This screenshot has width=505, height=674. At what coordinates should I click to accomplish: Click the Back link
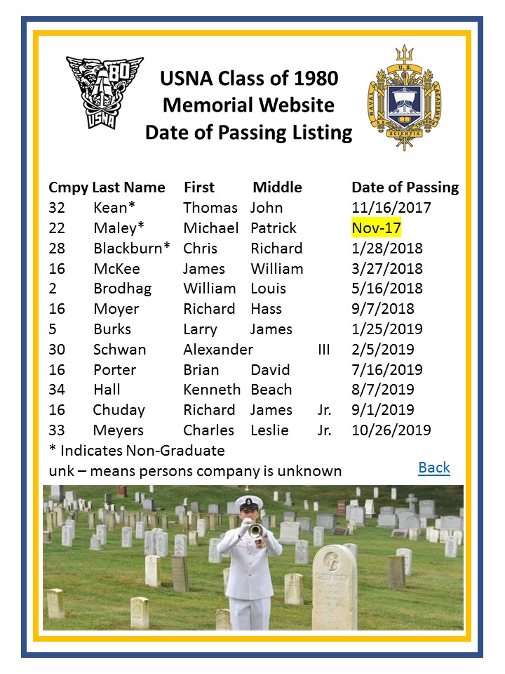[x=433, y=468]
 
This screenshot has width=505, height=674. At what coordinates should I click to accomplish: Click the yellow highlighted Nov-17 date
[x=376, y=228]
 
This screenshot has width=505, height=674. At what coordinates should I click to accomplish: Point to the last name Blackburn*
[x=132, y=249]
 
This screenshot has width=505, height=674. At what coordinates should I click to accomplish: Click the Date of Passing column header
[x=405, y=187]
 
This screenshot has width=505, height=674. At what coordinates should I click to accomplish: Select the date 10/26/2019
[x=391, y=430]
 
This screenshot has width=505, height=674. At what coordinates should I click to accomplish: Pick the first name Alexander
[x=217, y=350]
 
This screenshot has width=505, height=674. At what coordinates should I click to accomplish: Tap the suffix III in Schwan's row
[x=323, y=350]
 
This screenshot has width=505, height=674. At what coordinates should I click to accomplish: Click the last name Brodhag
[x=122, y=289]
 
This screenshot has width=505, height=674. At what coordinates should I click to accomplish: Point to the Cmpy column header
[x=68, y=187]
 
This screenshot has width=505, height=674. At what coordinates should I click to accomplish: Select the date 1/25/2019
[x=382, y=329]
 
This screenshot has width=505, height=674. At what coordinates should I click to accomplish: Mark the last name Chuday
[x=119, y=410]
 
